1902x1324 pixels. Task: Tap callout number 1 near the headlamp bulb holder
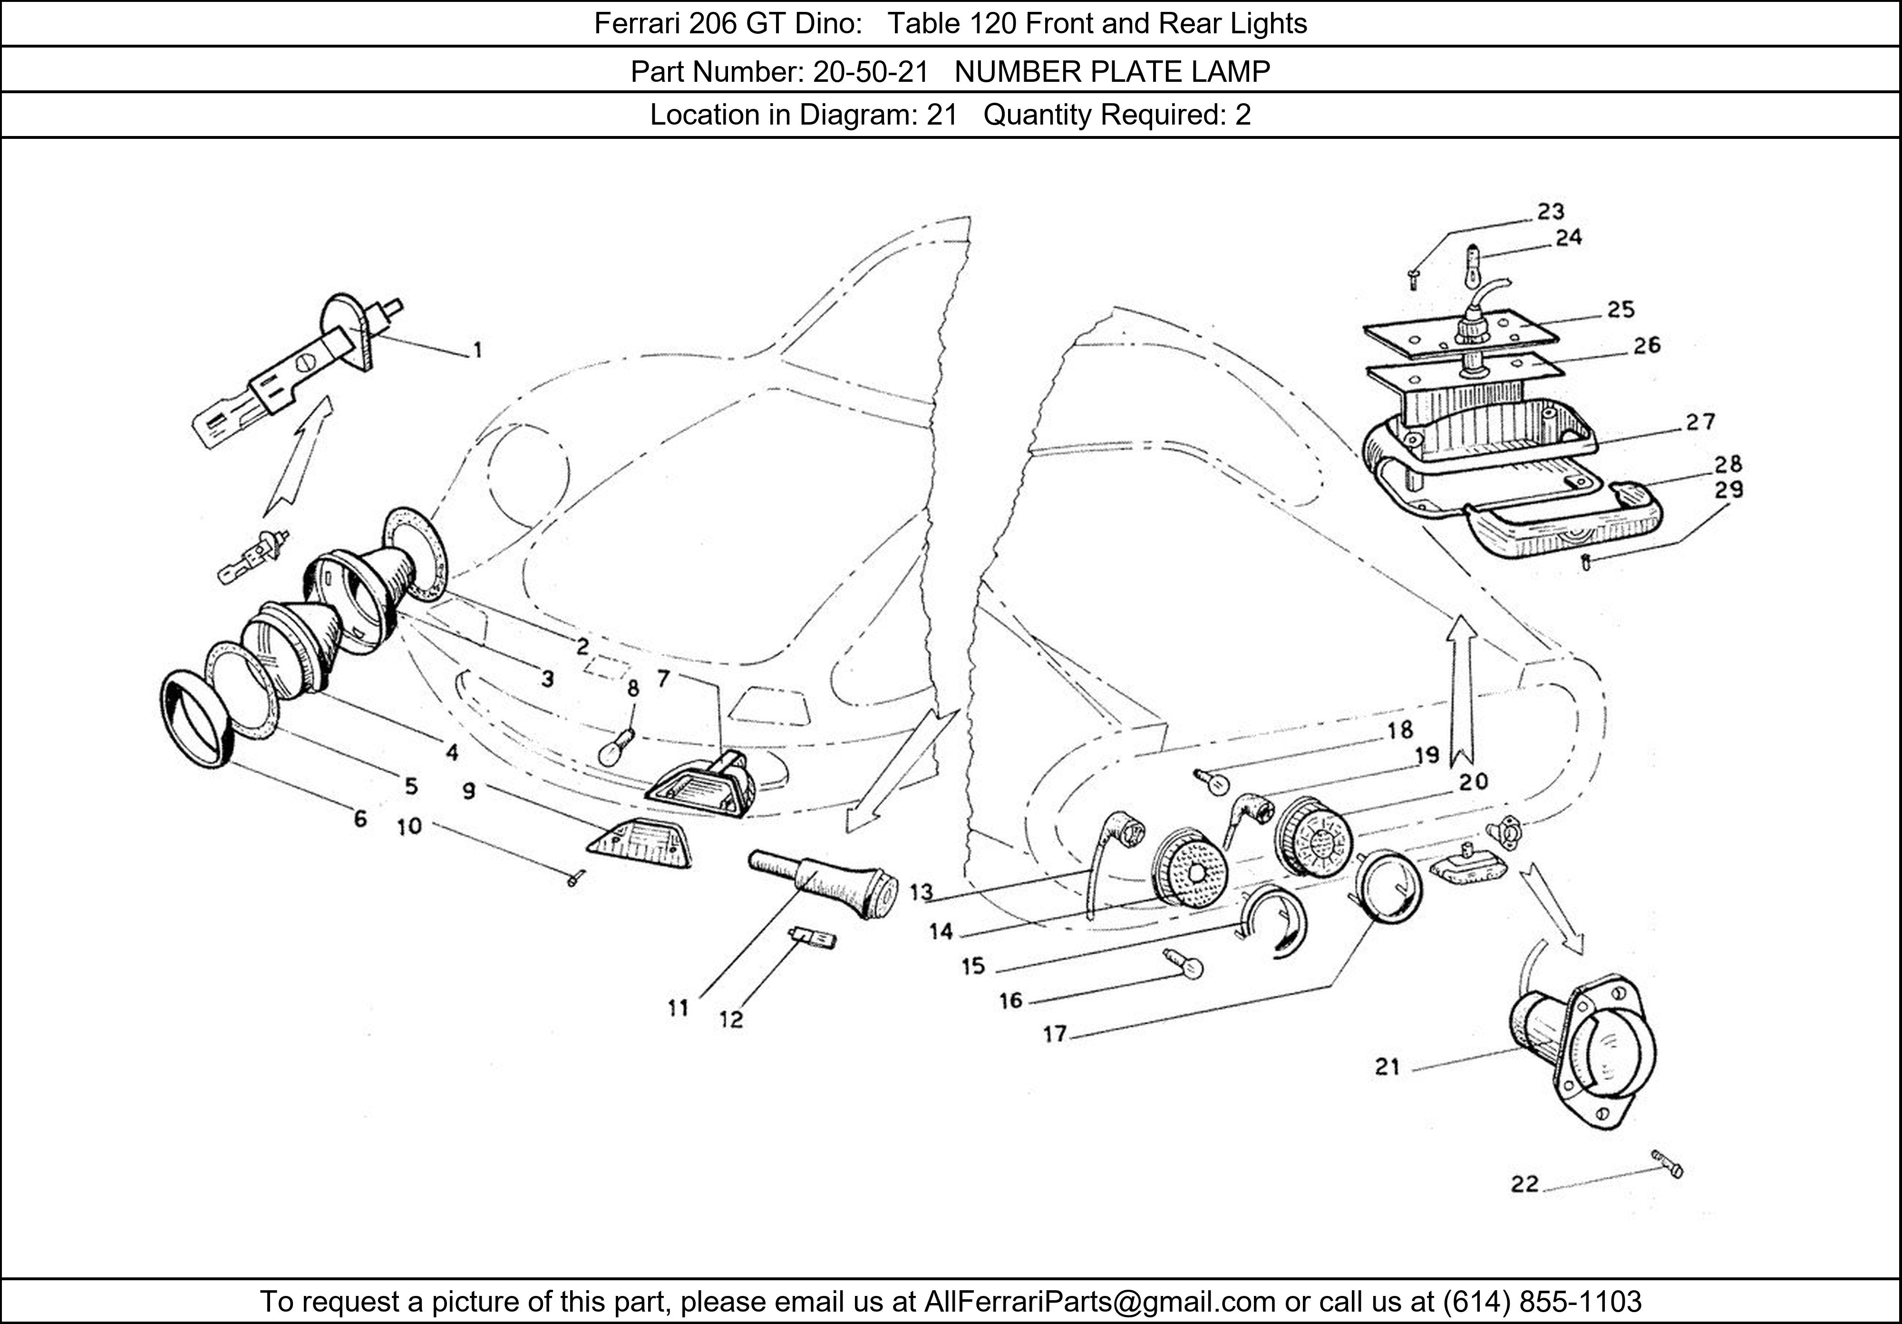coord(477,350)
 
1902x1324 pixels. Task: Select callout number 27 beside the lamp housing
coord(1701,423)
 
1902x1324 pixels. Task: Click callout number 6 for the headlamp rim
coord(359,818)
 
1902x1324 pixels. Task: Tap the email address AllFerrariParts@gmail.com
coord(1099,1302)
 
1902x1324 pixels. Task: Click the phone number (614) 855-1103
coord(1542,1302)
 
